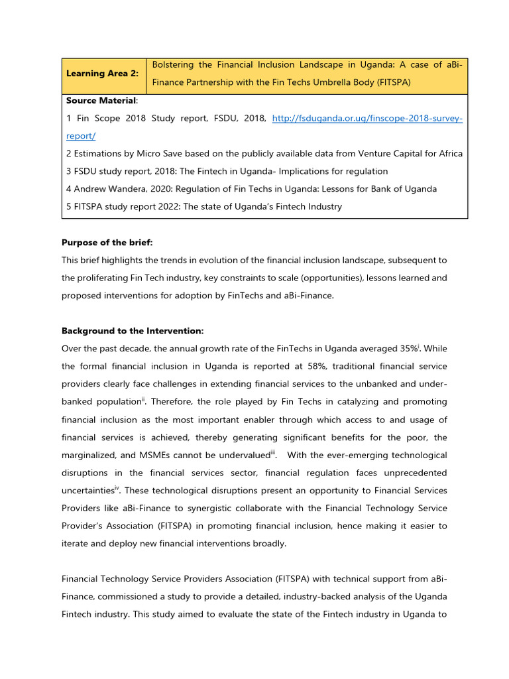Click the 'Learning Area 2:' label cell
102,74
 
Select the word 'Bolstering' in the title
174,65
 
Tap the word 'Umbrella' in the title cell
347,83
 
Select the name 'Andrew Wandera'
105,189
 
